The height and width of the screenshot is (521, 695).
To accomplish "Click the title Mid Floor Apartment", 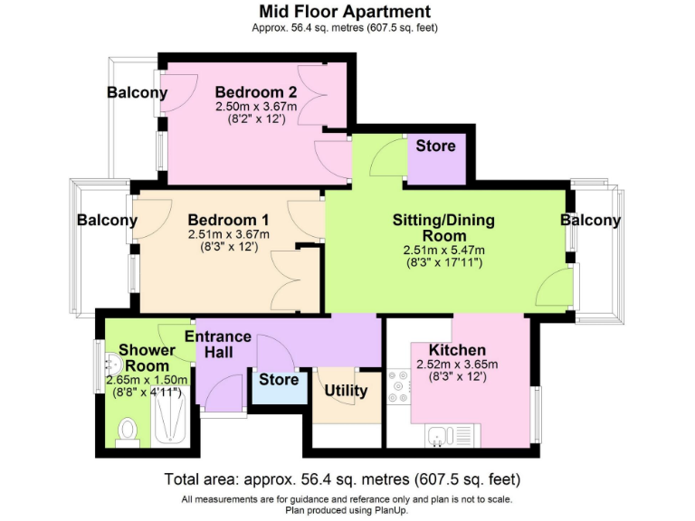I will [345, 12].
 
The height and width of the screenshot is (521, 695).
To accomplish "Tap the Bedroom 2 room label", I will [256, 92].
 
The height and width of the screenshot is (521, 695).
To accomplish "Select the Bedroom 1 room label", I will [229, 220].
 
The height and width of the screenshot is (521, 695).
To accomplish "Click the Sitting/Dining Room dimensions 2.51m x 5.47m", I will [443, 251].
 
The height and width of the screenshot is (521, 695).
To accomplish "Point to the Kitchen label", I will [457, 350].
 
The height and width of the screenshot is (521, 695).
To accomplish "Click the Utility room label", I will [346, 391].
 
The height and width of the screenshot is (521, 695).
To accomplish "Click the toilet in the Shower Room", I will [128, 431].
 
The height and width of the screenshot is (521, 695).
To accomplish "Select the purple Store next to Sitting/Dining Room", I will [436, 146].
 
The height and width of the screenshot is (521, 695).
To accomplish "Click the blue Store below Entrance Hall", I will [279, 380].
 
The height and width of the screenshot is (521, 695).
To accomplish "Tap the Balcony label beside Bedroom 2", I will [137, 92].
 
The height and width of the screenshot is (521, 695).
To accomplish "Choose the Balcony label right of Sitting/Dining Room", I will [590, 220].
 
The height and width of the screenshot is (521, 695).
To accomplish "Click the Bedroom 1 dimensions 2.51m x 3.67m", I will [229, 233].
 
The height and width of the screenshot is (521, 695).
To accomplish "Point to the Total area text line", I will [343, 478].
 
